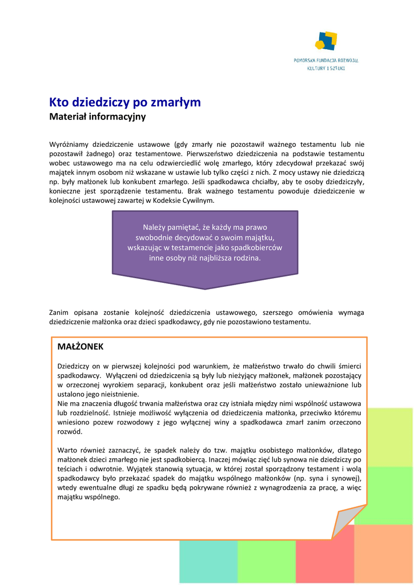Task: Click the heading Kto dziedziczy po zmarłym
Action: coord(125,103)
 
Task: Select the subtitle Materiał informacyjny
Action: coord(98,117)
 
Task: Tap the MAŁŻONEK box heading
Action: coord(81,347)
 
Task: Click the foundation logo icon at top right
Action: coord(325,41)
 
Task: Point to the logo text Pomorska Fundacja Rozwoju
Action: coord(326,60)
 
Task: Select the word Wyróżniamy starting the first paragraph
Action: coord(68,145)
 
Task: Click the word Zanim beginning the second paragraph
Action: coord(59,312)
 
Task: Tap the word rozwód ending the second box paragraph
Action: coord(70,432)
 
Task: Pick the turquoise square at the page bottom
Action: coord(208,563)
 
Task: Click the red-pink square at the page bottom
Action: coord(324,563)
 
